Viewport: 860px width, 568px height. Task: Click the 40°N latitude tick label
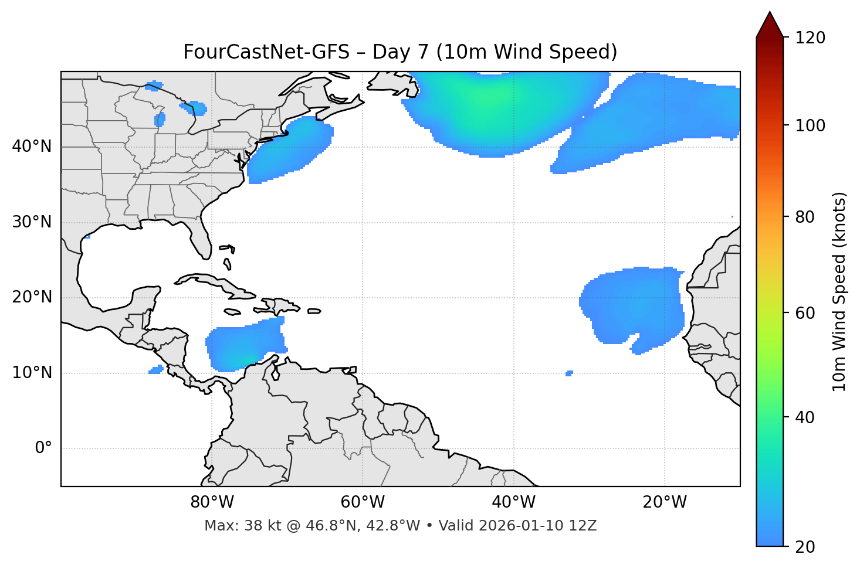pyautogui.click(x=32, y=147)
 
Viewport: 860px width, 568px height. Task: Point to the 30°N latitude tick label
pyautogui.click(x=32, y=222)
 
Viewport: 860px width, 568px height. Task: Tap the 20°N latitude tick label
pyautogui.click(x=32, y=297)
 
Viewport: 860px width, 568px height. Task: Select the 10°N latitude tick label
pyautogui.click(x=32, y=373)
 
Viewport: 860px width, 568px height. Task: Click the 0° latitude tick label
pyautogui.click(x=43, y=448)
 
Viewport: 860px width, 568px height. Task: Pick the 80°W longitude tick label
pyautogui.click(x=212, y=502)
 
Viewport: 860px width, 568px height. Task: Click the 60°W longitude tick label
pyautogui.click(x=363, y=502)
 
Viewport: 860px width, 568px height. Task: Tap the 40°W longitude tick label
pyautogui.click(x=513, y=502)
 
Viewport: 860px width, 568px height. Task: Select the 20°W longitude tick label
pyautogui.click(x=665, y=502)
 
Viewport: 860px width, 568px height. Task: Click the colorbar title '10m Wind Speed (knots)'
pyautogui.click(x=839, y=291)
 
